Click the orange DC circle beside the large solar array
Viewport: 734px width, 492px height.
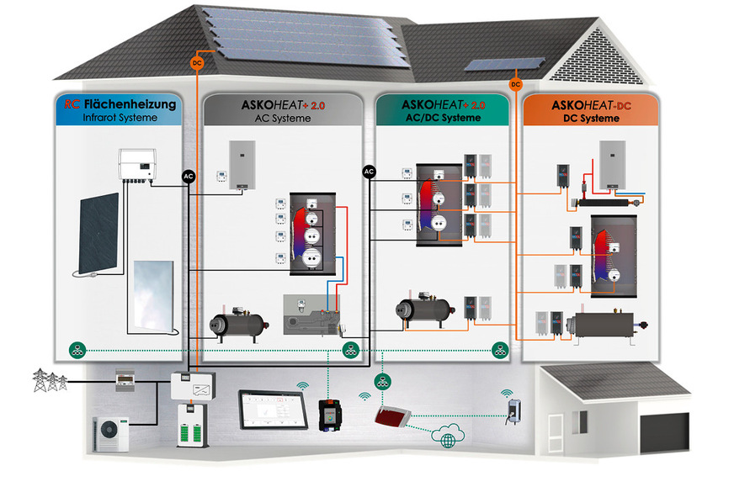tap(197, 63)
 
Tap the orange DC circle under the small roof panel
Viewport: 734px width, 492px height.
tap(515, 85)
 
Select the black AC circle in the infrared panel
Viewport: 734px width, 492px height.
tap(189, 177)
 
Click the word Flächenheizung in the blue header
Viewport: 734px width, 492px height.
tap(130, 103)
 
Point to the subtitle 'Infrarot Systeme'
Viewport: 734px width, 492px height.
tap(120, 118)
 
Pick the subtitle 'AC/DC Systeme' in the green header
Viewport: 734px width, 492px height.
tap(443, 118)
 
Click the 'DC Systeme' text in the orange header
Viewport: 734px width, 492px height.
tap(591, 119)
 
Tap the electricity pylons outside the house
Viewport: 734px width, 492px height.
tap(50, 380)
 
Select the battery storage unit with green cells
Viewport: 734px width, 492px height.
tap(193, 426)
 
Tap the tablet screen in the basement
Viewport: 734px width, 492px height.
tap(273, 410)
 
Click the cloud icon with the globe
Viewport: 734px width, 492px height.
tap(448, 436)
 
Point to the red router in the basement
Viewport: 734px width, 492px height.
tap(393, 416)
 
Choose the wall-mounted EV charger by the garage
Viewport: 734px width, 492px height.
tap(513, 410)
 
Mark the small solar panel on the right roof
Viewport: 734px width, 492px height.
tap(505, 64)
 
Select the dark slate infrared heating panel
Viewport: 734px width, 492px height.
tap(98, 233)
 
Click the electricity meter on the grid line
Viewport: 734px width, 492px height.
tap(125, 380)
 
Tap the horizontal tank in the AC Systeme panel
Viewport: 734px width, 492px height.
tap(239, 324)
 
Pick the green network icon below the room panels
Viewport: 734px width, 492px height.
tap(382, 382)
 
